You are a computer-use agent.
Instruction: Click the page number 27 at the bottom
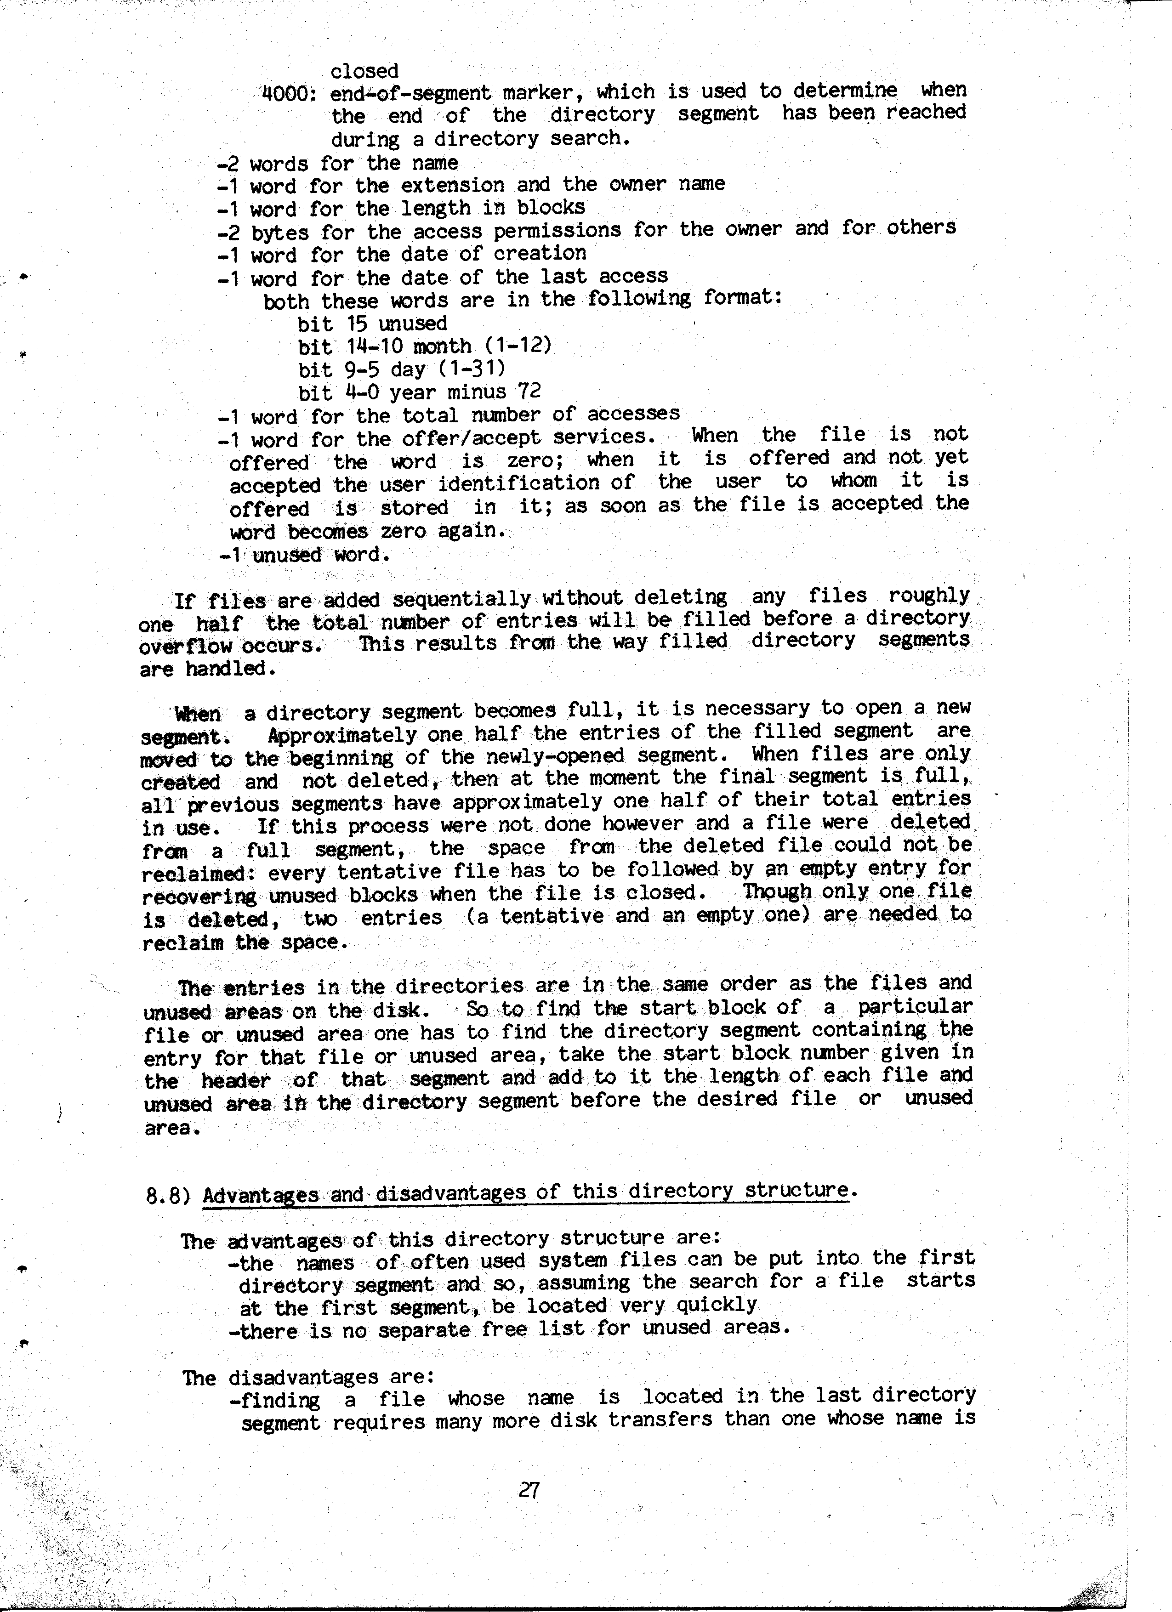[529, 1490]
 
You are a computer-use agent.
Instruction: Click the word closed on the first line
[364, 71]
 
